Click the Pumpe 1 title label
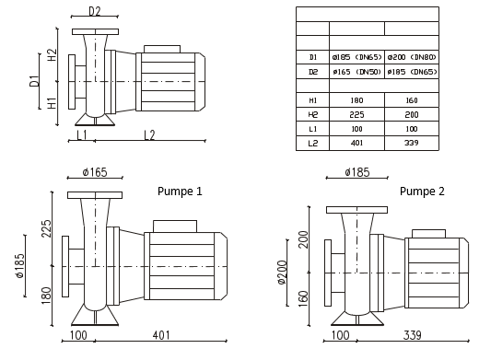[180, 192]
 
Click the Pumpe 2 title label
[422, 192]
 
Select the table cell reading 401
[356, 143]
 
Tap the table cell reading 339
[412, 143]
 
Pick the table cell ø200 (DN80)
[412, 57]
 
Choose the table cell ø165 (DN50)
[356, 72]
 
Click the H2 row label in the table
[312, 115]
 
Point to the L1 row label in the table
[312, 129]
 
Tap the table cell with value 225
[356, 115]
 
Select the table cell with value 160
[412, 100]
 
